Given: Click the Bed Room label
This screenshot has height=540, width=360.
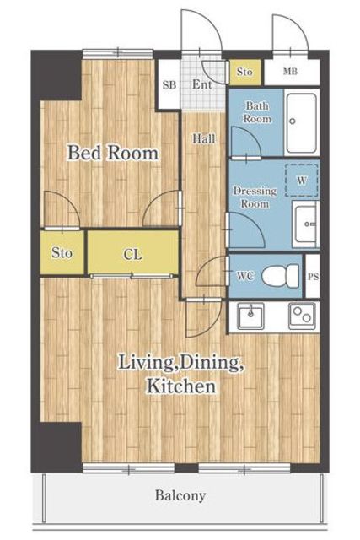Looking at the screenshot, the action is click(113, 153).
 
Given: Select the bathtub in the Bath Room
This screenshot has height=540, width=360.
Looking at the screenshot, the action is click(302, 123).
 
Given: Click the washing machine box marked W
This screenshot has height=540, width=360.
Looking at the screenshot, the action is click(302, 180).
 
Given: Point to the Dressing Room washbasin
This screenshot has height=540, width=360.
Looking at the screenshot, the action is click(306, 224).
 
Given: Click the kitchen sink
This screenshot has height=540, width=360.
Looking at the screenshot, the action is click(251, 316).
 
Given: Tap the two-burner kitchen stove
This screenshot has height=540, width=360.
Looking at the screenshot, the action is click(302, 316).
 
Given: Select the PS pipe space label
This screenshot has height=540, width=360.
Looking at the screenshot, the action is click(313, 276).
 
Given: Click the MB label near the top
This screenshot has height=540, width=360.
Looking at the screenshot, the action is click(290, 72).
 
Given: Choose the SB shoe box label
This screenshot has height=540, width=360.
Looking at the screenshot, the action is click(169, 84).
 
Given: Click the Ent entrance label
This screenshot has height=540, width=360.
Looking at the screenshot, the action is click(201, 84).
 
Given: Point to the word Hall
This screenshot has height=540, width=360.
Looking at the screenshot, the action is click(204, 138).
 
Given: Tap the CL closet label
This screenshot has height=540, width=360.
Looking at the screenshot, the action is click(132, 255).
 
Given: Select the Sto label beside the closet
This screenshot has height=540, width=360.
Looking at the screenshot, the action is click(62, 253).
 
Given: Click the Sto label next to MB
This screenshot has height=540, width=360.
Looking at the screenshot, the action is click(244, 72).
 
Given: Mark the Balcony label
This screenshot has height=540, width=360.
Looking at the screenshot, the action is click(180, 495).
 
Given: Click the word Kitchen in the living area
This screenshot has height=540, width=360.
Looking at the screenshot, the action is click(181, 386).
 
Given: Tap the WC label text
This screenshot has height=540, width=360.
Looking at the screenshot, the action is click(245, 276).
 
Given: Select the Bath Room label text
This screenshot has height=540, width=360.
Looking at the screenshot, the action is click(257, 112).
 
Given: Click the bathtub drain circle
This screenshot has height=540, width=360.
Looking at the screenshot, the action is click(293, 121).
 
